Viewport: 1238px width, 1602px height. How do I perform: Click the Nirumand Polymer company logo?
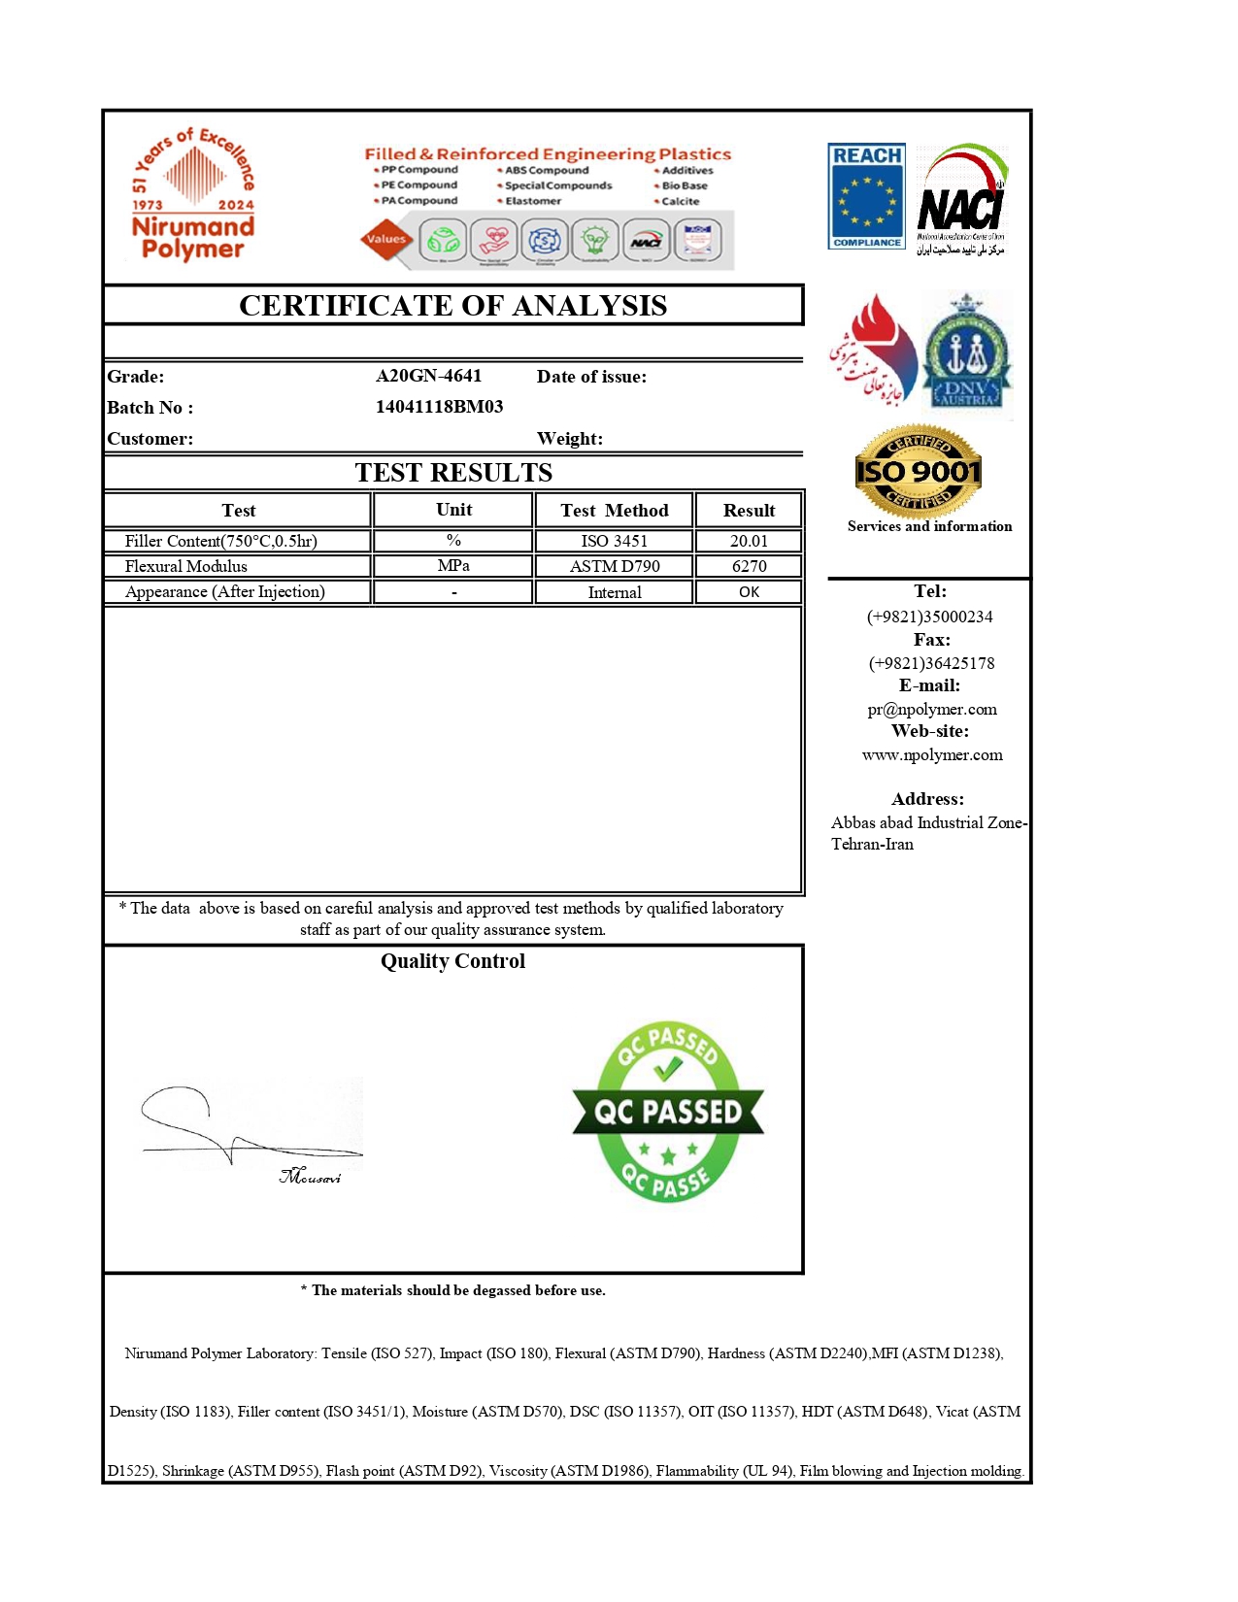(x=193, y=195)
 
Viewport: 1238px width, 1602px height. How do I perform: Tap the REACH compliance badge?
(x=866, y=196)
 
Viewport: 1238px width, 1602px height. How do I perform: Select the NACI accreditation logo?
(x=961, y=200)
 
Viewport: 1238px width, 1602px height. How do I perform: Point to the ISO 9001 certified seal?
(x=918, y=472)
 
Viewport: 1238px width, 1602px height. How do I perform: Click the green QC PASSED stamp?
(x=668, y=1112)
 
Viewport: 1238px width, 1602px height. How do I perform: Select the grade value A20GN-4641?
(x=428, y=376)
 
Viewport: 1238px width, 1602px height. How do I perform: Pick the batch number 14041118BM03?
(x=439, y=407)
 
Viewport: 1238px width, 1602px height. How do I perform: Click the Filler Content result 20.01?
(x=749, y=541)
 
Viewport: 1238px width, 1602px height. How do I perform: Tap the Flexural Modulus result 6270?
(x=749, y=566)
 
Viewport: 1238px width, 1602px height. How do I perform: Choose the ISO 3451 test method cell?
(x=614, y=541)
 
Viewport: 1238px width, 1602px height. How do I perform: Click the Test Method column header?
(x=614, y=511)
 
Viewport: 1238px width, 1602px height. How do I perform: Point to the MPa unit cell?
(x=453, y=566)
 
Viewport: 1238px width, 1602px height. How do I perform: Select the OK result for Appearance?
(x=749, y=592)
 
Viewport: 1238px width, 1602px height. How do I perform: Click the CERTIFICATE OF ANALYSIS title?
(x=452, y=306)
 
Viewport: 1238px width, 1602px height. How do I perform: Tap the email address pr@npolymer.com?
(x=931, y=710)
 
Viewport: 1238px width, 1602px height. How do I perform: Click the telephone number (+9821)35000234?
(x=929, y=617)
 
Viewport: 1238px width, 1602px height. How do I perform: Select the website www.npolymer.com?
(x=931, y=755)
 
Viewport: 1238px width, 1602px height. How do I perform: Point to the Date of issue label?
(x=591, y=377)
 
